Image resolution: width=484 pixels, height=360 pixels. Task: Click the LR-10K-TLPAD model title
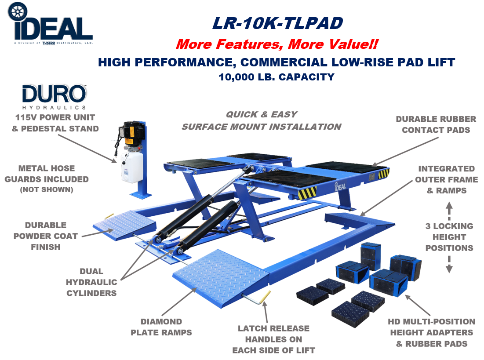tap(277, 23)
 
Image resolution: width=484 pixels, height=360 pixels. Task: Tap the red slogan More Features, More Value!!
tap(277, 44)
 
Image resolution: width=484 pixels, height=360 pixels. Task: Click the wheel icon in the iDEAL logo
tap(17, 11)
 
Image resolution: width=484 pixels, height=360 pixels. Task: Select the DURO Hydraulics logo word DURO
tap(54, 94)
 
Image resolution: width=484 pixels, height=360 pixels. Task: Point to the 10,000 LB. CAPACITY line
tap(277, 77)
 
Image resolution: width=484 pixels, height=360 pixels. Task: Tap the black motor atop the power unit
tap(131, 133)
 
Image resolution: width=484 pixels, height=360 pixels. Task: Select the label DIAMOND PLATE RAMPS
tap(161, 327)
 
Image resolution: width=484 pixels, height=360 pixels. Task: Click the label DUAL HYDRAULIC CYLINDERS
tap(91, 282)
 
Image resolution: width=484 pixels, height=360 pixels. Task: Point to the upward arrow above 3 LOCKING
tap(449, 211)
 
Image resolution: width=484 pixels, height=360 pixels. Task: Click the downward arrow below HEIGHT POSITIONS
tap(449, 264)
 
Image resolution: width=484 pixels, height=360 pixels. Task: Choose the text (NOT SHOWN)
tap(47, 189)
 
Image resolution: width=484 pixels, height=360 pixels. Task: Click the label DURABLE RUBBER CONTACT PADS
tap(436, 124)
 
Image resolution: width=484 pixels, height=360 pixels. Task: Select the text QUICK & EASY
tap(262, 115)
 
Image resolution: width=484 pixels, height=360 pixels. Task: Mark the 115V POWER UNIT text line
tap(55, 118)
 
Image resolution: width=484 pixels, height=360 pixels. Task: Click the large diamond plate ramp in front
tap(221, 278)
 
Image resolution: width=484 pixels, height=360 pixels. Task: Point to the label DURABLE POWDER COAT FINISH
tap(46, 236)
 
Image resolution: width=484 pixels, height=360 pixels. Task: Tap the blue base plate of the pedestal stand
tap(141, 195)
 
